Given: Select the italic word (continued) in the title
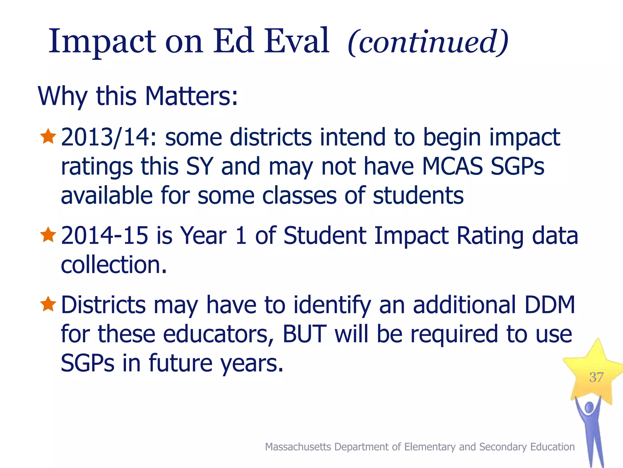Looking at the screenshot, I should [428, 42].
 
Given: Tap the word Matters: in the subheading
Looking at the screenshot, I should [191, 96].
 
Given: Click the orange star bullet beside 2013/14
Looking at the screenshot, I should [48, 136].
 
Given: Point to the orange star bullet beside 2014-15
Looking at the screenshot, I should [48, 235].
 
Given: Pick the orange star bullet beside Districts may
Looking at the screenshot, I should [48, 304].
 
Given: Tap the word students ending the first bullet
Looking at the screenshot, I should [418, 196].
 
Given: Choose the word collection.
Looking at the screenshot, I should [114, 264].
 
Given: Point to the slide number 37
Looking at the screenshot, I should [596, 378].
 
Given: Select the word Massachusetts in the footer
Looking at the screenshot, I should [298, 447].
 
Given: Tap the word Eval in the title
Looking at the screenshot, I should [297, 41].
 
